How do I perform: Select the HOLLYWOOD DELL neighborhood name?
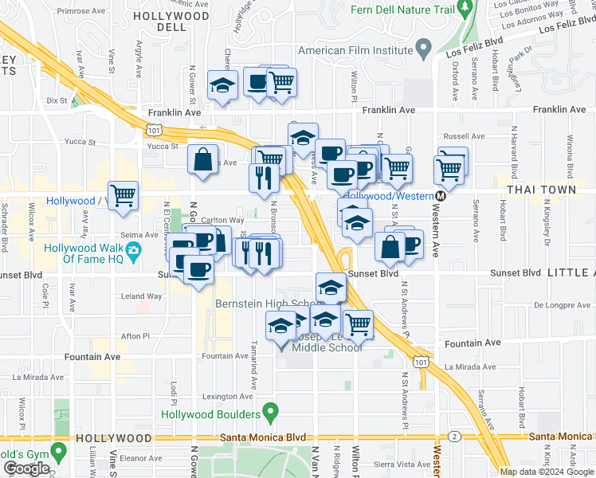pos(171,22)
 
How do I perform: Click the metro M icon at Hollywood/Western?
pos(440,196)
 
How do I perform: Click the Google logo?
pos(26,468)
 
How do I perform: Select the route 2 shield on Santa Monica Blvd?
pos(453,437)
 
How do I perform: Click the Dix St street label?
pos(57,100)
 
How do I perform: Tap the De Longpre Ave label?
pos(560,304)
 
